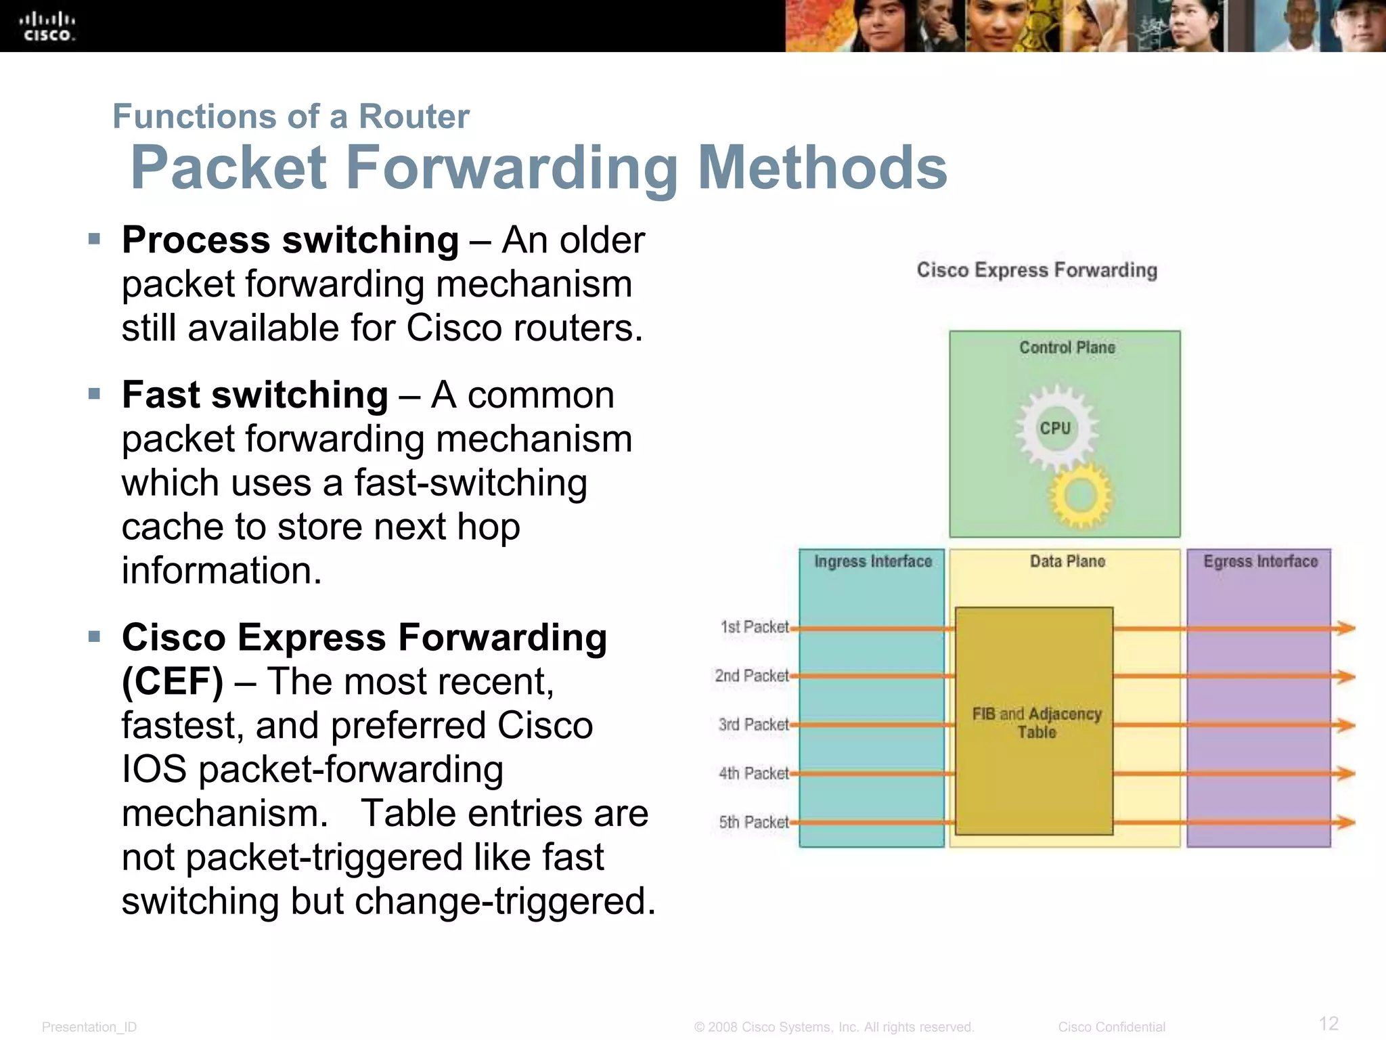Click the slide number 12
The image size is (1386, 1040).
(1328, 1023)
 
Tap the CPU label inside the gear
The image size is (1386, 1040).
(1055, 429)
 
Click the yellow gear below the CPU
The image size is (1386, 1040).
(1080, 496)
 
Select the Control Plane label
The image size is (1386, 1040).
(1067, 347)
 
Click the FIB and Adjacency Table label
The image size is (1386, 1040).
(1037, 722)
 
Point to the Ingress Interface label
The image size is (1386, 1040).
(872, 561)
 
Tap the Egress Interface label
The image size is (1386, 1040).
(1260, 561)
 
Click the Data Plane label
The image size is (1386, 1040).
(1067, 561)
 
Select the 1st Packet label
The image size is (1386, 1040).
(754, 627)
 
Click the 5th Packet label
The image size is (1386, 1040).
(753, 822)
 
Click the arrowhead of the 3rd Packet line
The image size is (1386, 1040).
(1345, 725)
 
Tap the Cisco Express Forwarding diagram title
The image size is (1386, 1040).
(1037, 270)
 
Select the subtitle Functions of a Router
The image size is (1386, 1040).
(291, 116)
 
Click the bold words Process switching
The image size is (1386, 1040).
(290, 240)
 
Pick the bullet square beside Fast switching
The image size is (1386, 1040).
(94, 394)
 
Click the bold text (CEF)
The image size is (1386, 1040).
(172, 682)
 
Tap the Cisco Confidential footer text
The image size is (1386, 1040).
(1111, 1027)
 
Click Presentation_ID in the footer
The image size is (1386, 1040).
(89, 1027)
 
